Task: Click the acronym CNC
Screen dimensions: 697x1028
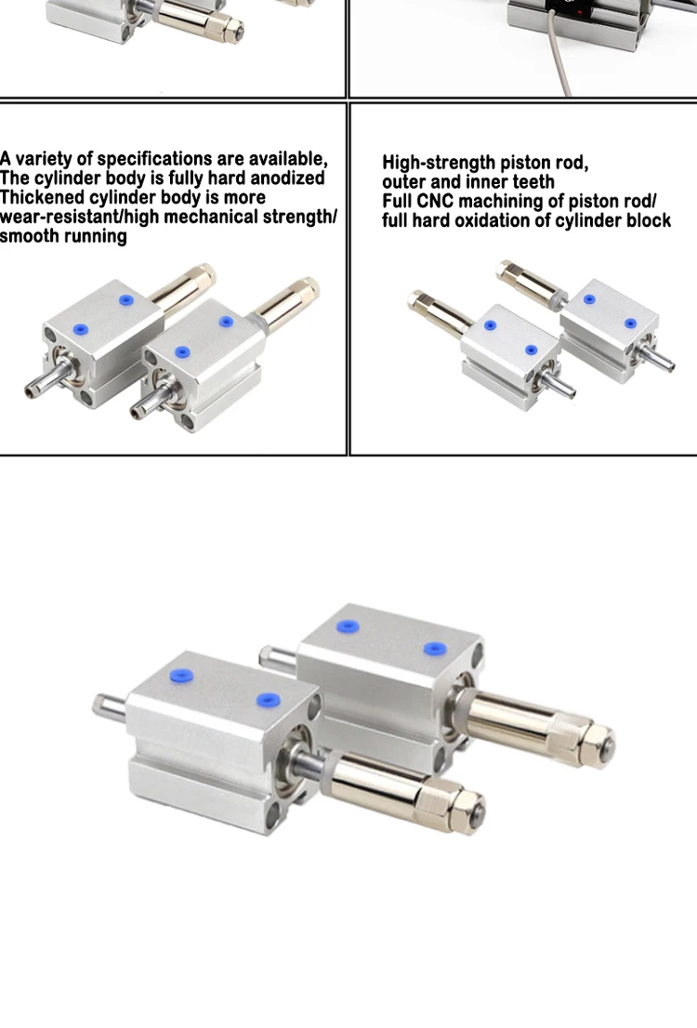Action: [435, 202]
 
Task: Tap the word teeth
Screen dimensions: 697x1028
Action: [533, 181]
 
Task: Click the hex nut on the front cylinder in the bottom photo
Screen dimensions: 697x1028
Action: [467, 807]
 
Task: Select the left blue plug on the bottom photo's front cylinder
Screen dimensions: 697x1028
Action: [181, 676]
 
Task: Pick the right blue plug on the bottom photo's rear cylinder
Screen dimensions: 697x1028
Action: [435, 649]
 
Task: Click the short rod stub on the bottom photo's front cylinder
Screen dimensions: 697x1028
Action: [110, 706]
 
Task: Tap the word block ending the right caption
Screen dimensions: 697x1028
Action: [649, 220]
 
